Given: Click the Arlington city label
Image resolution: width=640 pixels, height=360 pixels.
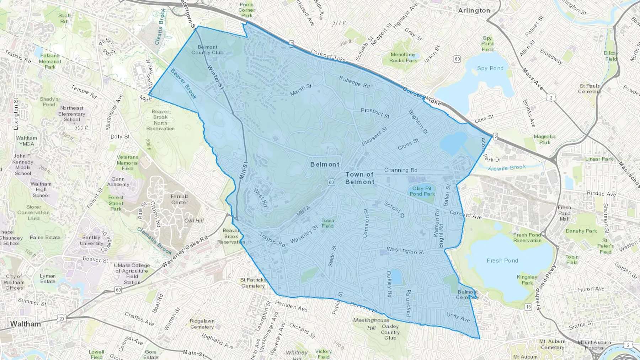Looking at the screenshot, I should pyautogui.click(x=474, y=11).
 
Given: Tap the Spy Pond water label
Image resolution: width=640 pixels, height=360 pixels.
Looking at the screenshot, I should pyautogui.click(x=490, y=68).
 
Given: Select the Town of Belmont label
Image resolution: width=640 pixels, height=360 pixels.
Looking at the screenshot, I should pyautogui.click(x=360, y=178).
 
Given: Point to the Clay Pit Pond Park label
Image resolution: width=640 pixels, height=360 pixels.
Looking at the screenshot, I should pyautogui.click(x=422, y=191).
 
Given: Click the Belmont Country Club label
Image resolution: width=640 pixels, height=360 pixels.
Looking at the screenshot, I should pyautogui.click(x=207, y=50).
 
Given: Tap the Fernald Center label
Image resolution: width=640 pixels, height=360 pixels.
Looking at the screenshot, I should pyautogui.click(x=180, y=199).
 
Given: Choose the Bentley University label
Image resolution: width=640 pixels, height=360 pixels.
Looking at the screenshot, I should pyautogui.click(x=91, y=241).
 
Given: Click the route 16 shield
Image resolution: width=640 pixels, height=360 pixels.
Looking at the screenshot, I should pyautogui.click(x=528, y=307).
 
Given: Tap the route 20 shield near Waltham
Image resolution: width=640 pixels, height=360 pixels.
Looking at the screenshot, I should pyautogui.click(x=62, y=318).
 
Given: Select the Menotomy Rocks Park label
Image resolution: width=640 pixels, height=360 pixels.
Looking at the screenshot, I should pyautogui.click(x=403, y=58).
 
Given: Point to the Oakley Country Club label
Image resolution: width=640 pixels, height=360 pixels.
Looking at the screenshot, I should pyautogui.click(x=390, y=332).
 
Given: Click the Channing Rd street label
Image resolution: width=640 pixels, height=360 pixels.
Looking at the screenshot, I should pyautogui.click(x=401, y=170).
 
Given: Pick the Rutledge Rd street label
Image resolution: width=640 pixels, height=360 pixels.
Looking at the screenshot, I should pyautogui.click(x=354, y=82).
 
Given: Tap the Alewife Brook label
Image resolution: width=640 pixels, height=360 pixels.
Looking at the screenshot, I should pyautogui.click(x=507, y=168).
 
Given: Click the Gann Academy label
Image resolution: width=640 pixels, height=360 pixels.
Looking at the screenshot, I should pyautogui.click(x=118, y=182).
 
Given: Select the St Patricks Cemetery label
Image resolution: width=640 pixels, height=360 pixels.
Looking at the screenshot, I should pyautogui.click(x=253, y=283).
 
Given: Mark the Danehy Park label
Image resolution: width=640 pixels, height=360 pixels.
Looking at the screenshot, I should pyautogui.click(x=581, y=231).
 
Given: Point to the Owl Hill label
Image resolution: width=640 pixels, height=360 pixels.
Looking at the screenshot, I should pyautogui.click(x=194, y=221).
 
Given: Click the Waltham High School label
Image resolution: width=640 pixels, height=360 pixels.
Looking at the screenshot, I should pyautogui.click(x=41, y=189).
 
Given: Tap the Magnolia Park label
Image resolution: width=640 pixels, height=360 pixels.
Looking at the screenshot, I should pyautogui.click(x=544, y=139).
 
